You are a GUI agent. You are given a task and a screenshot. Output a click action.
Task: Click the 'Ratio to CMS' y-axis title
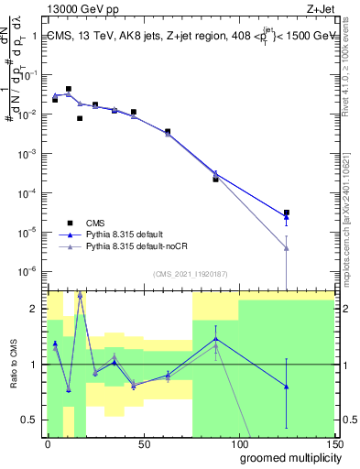coord(12,377)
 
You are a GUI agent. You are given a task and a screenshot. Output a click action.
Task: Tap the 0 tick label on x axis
coord(48,443)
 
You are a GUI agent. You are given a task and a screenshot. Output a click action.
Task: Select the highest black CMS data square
coord(69,89)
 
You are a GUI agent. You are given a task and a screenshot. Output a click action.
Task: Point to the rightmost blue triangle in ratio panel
coord(287,387)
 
